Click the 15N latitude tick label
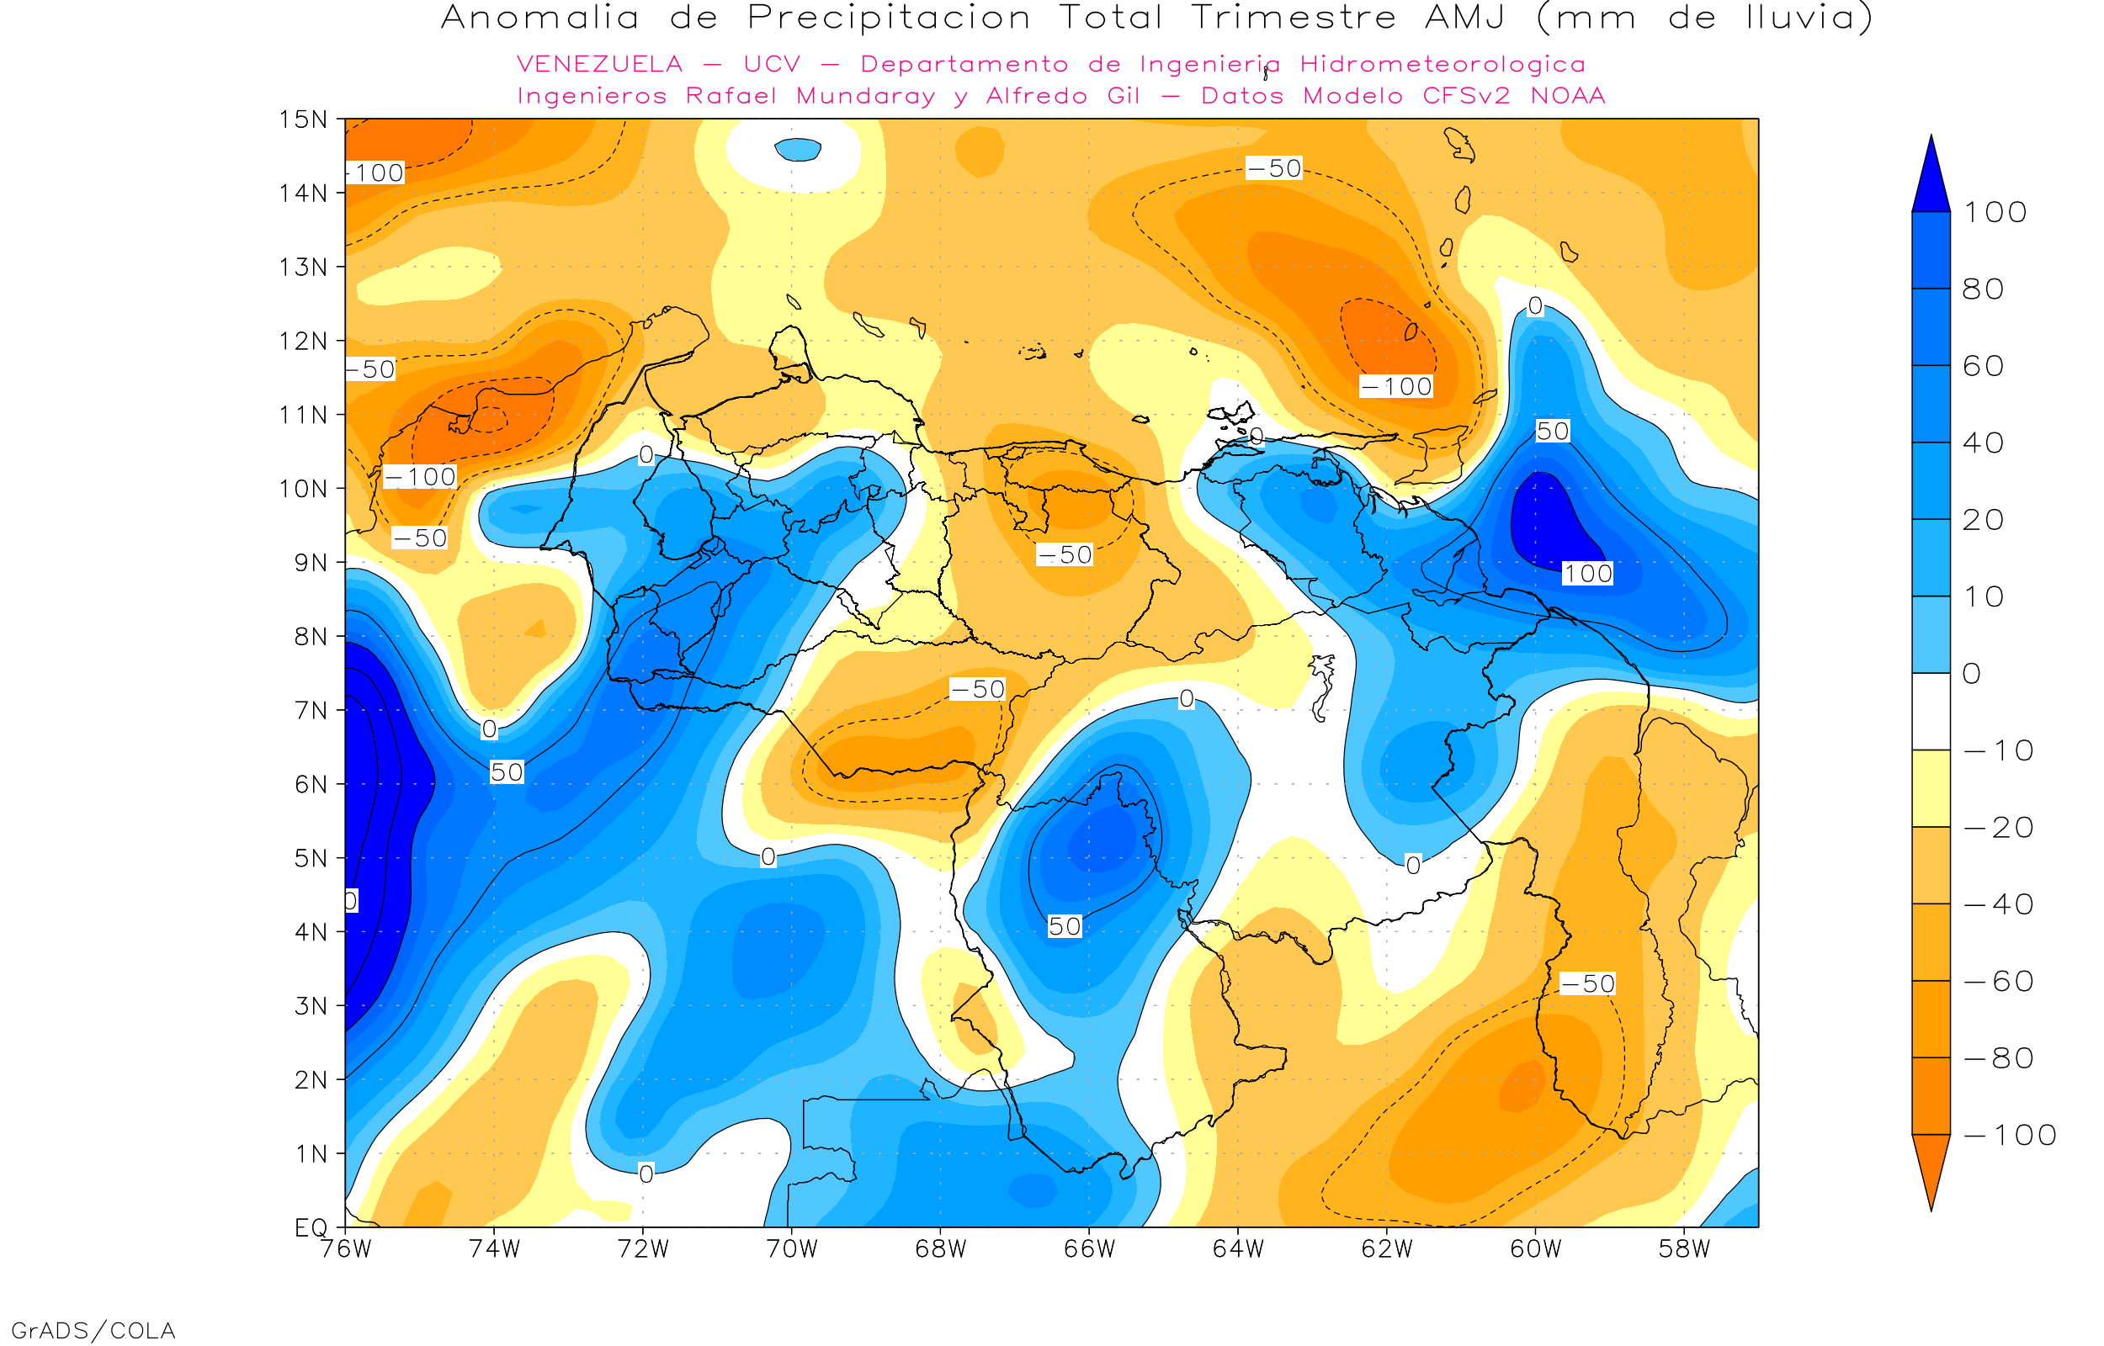(302, 119)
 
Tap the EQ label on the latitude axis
(311, 1227)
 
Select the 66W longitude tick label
(1089, 1249)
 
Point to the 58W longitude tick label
(1683, 1249)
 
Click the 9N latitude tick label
(311, 563)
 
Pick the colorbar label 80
(1983, 289)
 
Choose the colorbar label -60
(1998, 982)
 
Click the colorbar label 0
(1972, 674)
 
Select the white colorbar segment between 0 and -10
(1931, 712)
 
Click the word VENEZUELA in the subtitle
(600, 65)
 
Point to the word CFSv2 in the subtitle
(1466, 96)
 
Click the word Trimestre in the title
(1293, 18)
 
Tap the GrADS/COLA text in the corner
(93, 1330)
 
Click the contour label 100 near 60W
(1586, 575)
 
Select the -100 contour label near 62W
(1396, 386)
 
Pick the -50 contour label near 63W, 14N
(1273, 167)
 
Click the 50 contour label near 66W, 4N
(1064, 926)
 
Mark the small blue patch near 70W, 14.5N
(797, 150)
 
